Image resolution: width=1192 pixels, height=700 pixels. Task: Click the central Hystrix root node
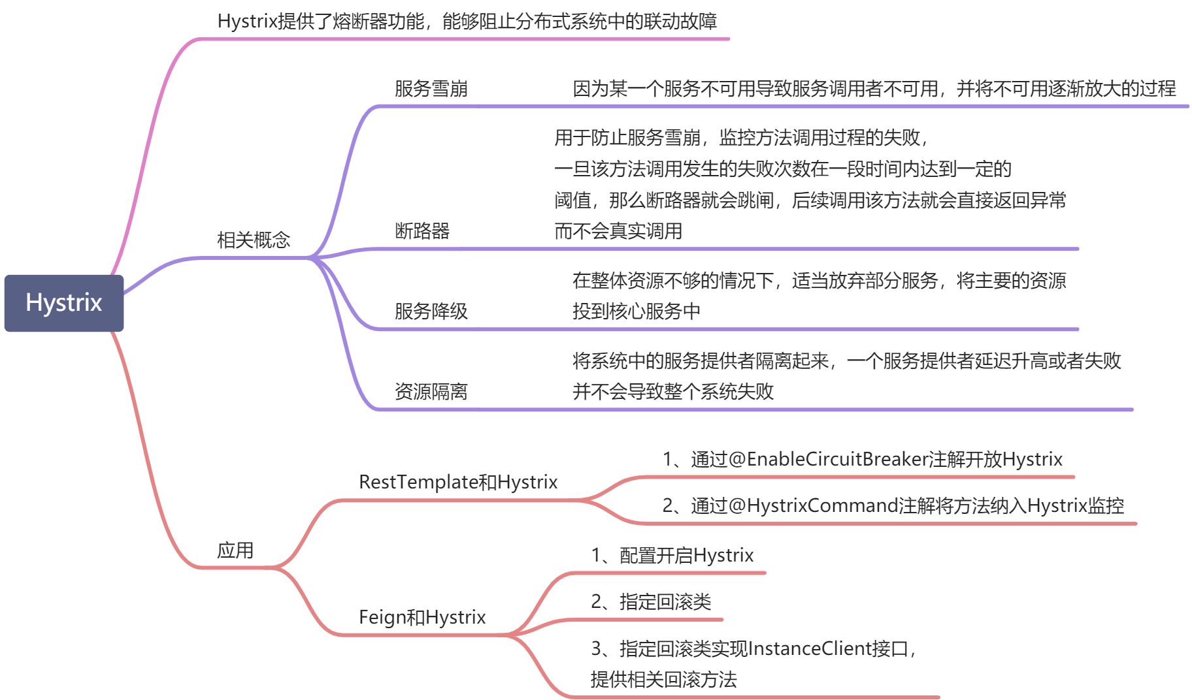[63, 303]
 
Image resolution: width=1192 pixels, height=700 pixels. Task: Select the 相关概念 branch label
[254, 240]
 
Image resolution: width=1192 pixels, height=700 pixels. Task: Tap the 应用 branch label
[235, 550]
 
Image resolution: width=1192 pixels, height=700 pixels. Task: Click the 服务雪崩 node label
[431, 89]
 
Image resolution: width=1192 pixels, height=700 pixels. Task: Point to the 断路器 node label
[422, 231]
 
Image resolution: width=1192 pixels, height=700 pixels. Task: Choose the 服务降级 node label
[431, 311]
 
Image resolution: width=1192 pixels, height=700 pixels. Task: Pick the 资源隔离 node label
[431, 392]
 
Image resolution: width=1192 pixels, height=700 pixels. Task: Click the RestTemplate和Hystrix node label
[458, 483]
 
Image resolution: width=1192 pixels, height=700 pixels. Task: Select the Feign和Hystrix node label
[422, 618]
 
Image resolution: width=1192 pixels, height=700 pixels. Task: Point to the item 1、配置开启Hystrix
[672, 556]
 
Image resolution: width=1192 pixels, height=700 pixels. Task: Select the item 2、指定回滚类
[651, 602]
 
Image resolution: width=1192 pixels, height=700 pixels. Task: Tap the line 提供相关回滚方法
[663, 680]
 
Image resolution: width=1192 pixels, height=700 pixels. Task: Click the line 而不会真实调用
[618, 231]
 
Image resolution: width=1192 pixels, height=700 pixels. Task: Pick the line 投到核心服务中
[636, 311]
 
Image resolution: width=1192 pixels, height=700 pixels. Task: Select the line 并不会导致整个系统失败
[672, 392]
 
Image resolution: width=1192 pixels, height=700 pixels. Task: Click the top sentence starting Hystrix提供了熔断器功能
[467, 22]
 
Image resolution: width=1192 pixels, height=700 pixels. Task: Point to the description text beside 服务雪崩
[874, 89]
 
